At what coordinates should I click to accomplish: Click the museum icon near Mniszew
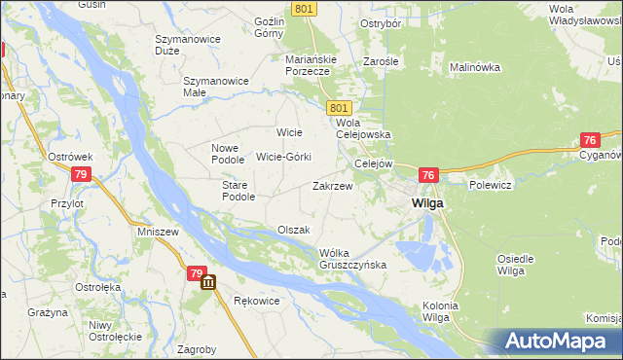pos(208,282)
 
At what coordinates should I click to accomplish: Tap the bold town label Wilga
pos(427,203)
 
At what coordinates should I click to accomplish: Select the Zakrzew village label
pos(331,185)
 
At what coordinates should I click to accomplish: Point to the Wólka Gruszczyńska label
pos(353,259)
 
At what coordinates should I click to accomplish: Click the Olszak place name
pos(293,230)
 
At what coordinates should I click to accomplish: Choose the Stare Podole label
pos(238,190)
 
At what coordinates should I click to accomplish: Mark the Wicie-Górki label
pos(283,157)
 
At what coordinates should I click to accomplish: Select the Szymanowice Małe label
pos(216,87)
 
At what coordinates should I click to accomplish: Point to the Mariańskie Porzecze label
pos(311,64)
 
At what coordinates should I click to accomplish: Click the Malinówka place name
pos(474,67)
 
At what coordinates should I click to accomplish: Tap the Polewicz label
pos(490,183)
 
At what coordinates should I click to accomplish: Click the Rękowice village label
pos(257,301)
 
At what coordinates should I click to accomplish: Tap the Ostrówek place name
pos(70,157)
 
